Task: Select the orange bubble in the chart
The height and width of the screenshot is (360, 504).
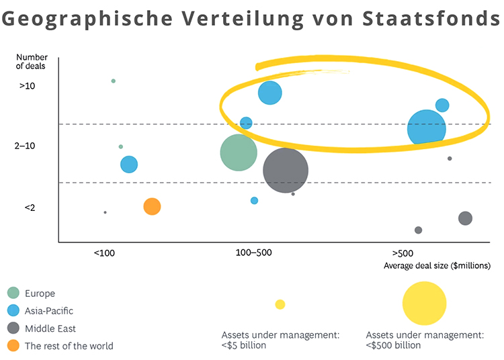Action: click(152, 206)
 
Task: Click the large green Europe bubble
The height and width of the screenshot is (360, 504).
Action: click(239, 152)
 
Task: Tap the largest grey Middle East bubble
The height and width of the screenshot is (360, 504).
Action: click(286, 171)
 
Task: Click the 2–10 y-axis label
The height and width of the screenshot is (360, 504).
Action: click(28, 146)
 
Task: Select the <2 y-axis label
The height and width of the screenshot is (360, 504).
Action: click(30, 208)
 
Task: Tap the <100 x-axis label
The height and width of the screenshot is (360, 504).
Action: click(104, 253)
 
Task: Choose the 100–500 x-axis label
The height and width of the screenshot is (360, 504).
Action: click(253, 253)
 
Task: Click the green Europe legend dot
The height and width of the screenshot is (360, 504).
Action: click(13, 293)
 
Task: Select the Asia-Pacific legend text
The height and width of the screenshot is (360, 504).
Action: click(49, 311)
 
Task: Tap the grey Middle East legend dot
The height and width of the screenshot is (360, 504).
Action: click(13, 328)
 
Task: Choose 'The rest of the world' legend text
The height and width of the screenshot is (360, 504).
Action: click(69, 347)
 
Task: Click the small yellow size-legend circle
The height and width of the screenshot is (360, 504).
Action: click(280, 304)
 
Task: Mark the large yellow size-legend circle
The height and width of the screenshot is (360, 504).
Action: click(424, 304)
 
